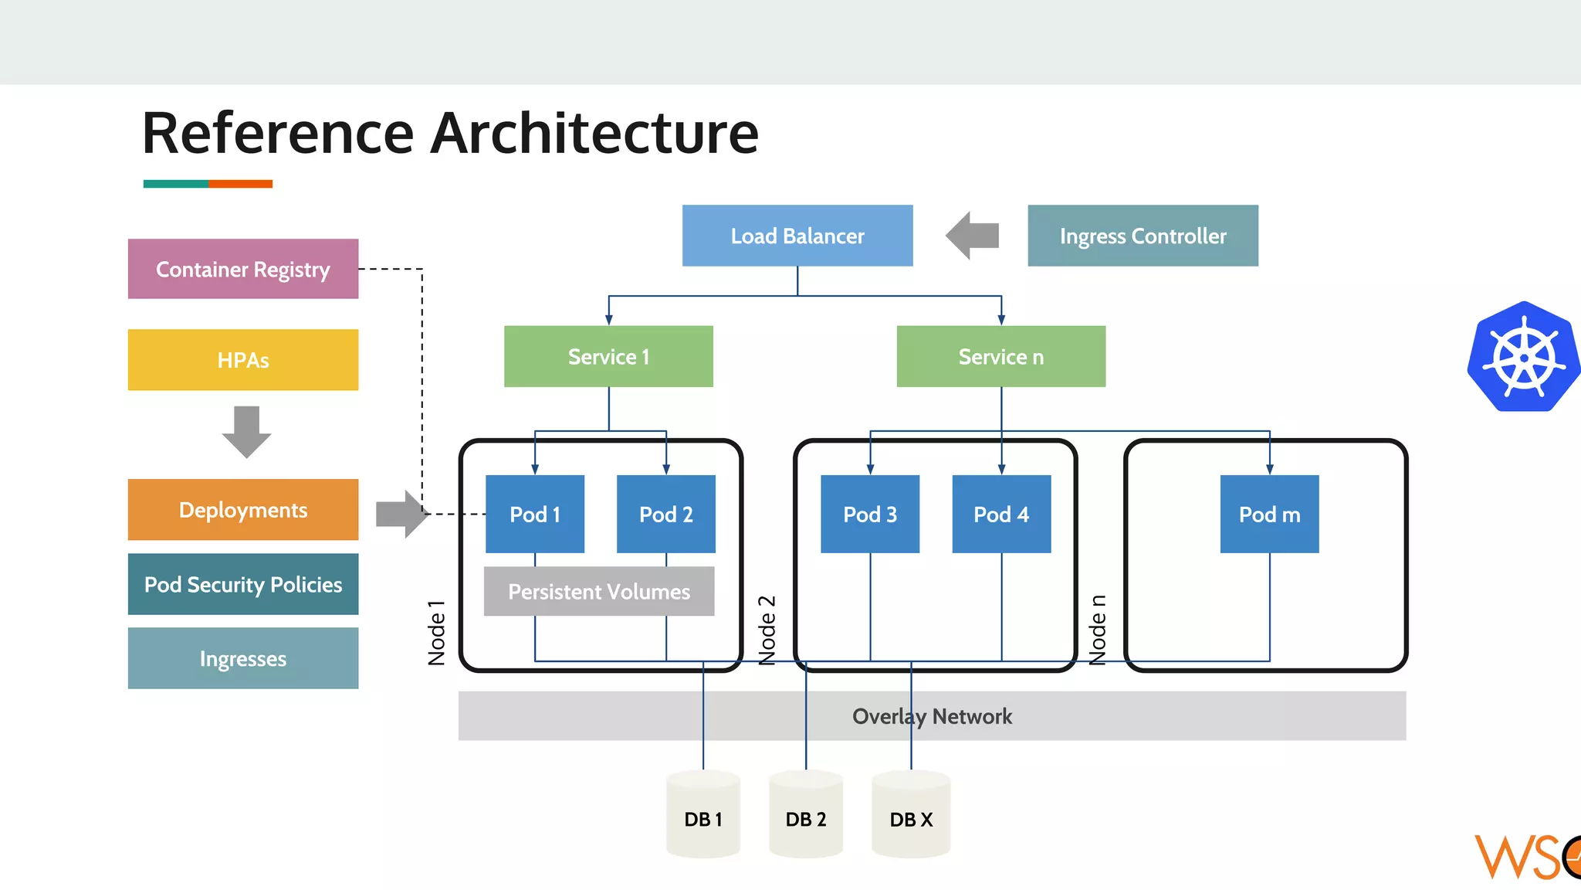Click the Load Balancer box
797,236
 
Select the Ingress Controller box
1143,236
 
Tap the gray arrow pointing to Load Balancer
973,236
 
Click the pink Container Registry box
242,269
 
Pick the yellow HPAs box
242,360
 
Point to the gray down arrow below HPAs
246,431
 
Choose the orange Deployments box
242,510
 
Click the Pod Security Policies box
242,584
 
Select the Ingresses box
242,658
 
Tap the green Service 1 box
608,356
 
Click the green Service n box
1000,356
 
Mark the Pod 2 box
665,514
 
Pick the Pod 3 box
870,514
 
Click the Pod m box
1269,514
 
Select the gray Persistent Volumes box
599,592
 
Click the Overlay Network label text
932,716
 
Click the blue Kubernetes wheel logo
1523,357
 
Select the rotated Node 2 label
767,630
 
